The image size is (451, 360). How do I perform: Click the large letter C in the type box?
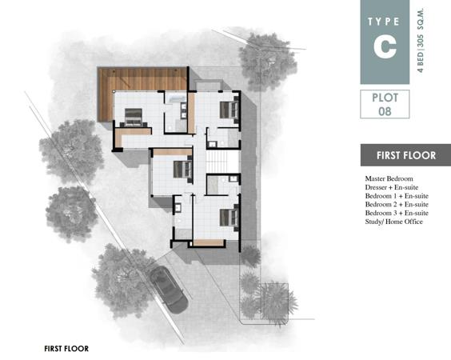(385, 47)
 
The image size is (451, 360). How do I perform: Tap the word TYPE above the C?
(384, 22)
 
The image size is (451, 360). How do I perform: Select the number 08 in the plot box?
(385, 111)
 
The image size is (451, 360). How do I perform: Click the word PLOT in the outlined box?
(385, 98)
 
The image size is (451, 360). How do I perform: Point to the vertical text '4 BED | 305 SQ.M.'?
(421, 41)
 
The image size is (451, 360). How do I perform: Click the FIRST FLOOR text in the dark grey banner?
(406, 155)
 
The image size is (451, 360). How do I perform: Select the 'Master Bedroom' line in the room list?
(389, 178)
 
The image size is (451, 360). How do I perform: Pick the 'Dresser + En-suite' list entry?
(392, 187)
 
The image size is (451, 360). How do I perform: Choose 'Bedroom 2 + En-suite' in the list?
(397, 204)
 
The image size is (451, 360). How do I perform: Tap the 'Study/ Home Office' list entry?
(393, 222)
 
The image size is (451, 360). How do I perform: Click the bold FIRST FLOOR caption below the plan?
(66, 349)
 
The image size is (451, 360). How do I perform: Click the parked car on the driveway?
(169, 290)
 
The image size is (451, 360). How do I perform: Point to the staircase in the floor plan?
(222, 162)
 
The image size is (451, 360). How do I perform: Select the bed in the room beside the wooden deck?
(134, 117)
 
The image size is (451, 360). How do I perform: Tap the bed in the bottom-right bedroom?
(229, 218)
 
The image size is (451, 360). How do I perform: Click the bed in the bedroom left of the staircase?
(183, 170)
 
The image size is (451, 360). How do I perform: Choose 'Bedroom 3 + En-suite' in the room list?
(397, 213)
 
